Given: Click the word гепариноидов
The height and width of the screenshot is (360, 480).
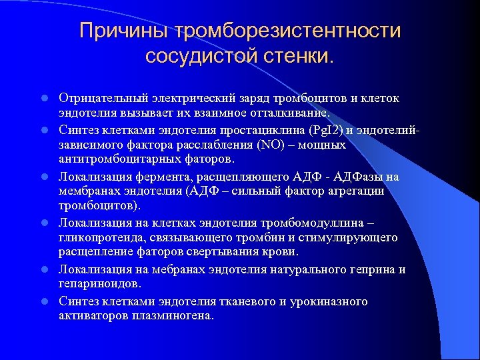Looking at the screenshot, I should pos(99,284).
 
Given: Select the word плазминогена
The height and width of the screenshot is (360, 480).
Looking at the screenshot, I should pos(175,316).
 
